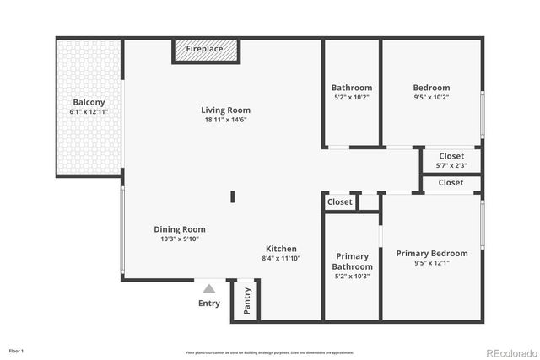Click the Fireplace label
(204, 49)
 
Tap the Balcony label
(89, 102)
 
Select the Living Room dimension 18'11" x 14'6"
(225, 120)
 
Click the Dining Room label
(179, 229)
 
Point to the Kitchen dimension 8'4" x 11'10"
(281, 258)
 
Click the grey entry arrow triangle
(208, 288)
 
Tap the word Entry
(208, 304)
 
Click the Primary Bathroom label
(352, 261)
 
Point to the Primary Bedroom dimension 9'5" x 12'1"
(431, 263)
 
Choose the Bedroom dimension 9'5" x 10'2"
(431, 97)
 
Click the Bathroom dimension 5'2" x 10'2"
(352, 97)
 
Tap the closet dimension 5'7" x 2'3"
(451, 165)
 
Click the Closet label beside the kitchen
(339, 202)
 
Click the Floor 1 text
(16, 350)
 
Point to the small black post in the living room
(233, 197)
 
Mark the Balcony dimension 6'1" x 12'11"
(89, 112)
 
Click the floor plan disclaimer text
(269, 352)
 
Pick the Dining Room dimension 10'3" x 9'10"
(179, 239)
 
